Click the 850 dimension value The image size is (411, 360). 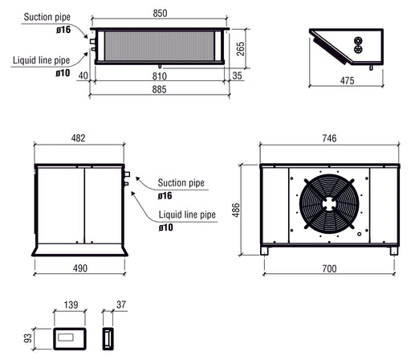159,13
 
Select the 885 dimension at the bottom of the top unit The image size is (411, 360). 159,90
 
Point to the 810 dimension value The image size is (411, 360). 159,75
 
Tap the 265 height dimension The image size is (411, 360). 241,47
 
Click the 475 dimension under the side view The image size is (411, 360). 347,80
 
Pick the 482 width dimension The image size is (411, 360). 79,138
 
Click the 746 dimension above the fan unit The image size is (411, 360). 328,138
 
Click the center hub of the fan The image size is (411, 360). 328,204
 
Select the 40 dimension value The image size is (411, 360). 83,75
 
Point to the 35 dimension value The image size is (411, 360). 236,75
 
